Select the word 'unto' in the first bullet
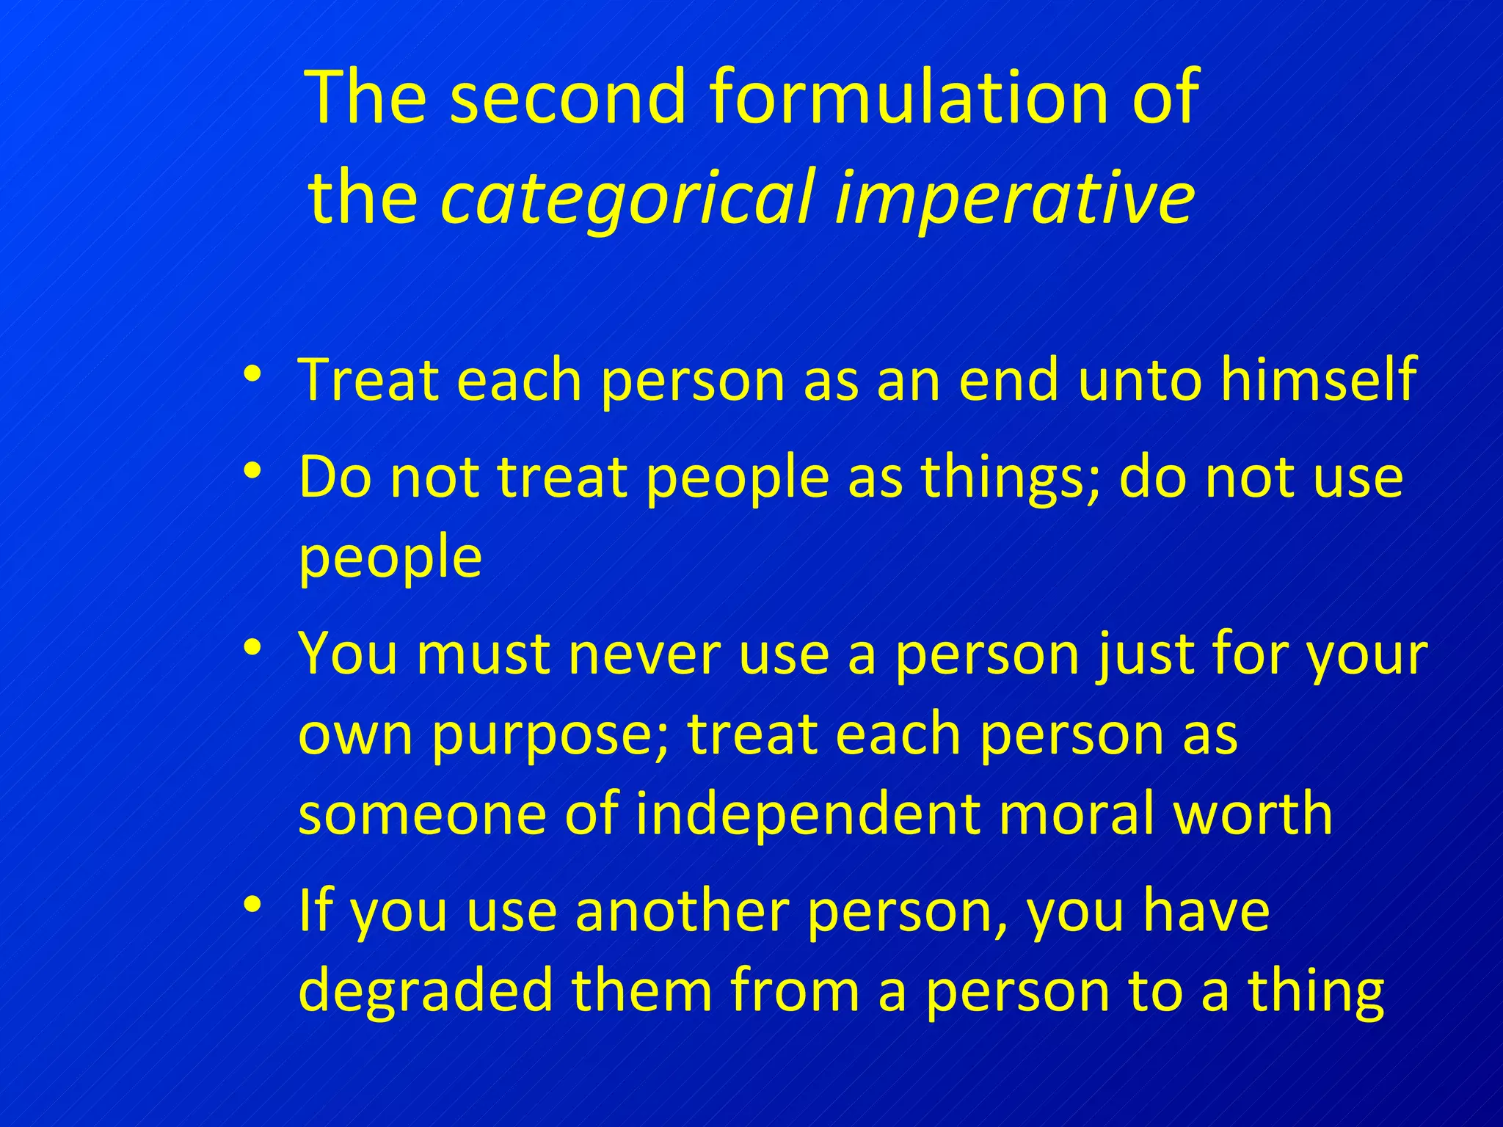pos(1140,379)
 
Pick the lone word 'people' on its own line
pos(390,558)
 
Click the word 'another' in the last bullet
pos(681,911)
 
